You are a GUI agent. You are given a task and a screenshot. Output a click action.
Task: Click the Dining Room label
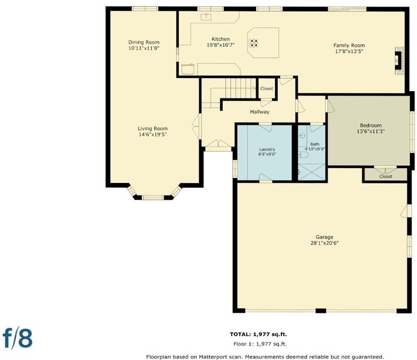pos(144,42)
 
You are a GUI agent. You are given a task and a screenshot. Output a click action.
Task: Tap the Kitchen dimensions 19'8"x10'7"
pos(221,45)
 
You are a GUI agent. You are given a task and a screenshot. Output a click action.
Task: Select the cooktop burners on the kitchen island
pos(253,43)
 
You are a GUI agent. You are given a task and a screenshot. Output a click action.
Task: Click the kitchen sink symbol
pos(206,17)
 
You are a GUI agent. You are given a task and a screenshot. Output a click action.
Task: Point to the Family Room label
pos(349,46)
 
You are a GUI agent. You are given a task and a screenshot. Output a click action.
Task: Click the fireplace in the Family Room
pos(400,61)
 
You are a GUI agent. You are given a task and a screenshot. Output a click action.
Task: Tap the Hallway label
pos(260,112)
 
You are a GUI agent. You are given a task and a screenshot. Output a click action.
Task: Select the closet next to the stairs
pos(267,89)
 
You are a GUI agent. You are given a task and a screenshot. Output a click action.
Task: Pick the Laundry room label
pos(267,149)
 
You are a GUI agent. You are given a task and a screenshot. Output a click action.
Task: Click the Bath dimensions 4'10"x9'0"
pos(315,149)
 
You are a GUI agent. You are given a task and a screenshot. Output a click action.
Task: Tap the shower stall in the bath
pos(311,172)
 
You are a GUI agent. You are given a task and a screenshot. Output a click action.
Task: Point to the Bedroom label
pos(371,125)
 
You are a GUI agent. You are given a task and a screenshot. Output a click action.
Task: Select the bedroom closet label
pos(386,176)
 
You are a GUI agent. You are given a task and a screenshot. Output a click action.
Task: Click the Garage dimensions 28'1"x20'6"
pos(325,243)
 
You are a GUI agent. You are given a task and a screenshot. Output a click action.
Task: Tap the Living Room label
pos(152,128)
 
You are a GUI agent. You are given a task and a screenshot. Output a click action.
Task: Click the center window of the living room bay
pos(152,197)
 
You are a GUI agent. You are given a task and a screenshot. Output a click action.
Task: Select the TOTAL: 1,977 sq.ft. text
pos(259,334)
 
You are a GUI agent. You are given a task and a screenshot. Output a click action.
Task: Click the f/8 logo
pos(17,338)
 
